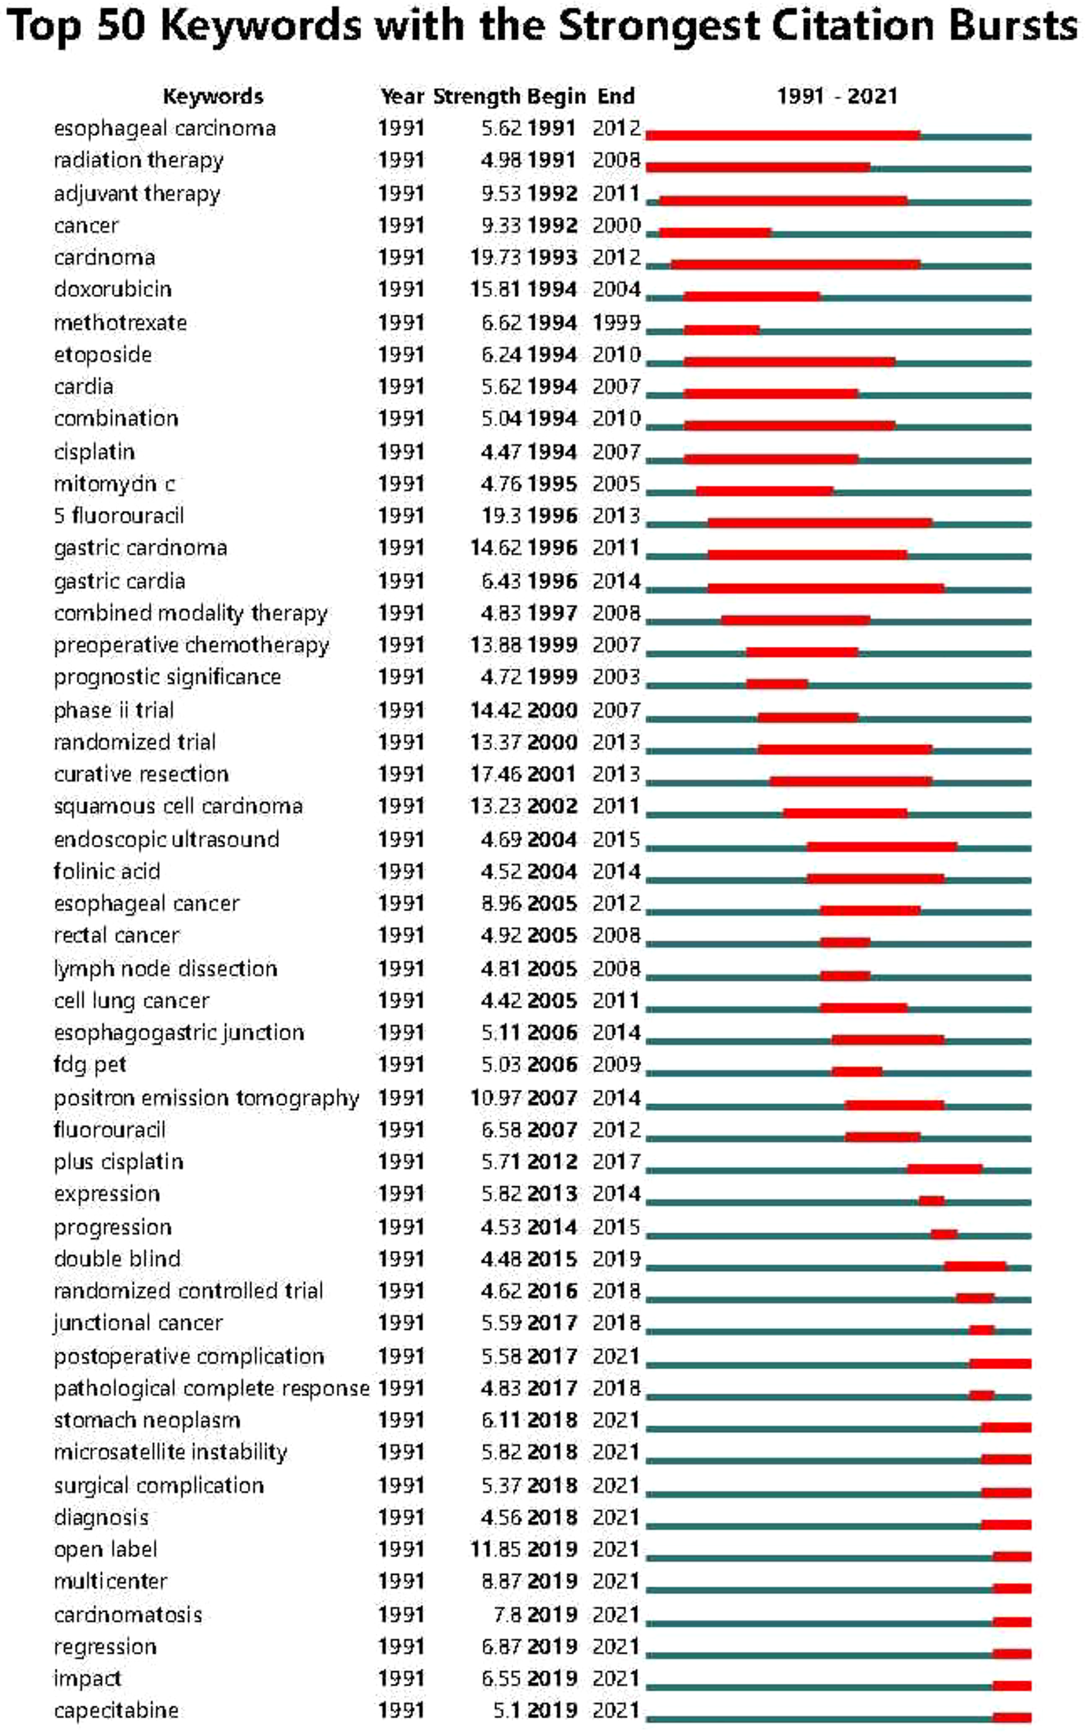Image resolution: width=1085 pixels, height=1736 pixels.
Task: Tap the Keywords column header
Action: click(212, 96)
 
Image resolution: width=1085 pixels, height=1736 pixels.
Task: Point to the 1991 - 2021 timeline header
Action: click(836, 96)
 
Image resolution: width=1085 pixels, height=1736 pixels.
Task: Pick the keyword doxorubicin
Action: click(112, 289)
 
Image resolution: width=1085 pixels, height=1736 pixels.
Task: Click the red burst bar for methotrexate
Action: click(721, 330)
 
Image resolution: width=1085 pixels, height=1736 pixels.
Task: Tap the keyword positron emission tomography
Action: click(206, 1098)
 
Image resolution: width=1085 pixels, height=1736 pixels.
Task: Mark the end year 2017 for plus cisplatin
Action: click(616, 1162)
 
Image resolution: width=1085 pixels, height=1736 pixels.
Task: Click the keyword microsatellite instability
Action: click(170, 1453)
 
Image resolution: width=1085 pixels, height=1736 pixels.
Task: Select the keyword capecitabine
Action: click(116, 1710)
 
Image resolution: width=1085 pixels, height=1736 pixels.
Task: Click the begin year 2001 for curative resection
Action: click(551, 774)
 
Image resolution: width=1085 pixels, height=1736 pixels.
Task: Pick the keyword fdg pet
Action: click(90, 1065)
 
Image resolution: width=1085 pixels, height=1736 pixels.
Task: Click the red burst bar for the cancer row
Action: click(715, 233)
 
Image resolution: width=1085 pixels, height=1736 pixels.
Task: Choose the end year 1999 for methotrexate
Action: click(616, 323)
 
